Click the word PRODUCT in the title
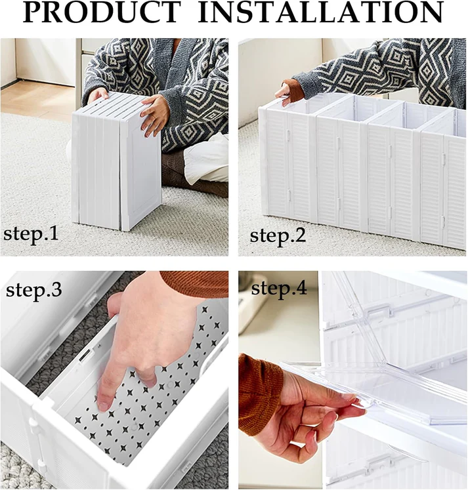click(x=102, y=12)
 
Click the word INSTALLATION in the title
click(x=321, y=12)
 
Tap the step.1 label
click(x=31, y=234)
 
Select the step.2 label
click(x=278, y=235)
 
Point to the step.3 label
click(x=33, y=289)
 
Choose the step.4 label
click(x=279, y=288)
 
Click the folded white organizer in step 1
click(x=116, y=160)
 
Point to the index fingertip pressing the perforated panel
click(x=103, y=406)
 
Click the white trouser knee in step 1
click(x=206, y=163)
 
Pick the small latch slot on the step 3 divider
click(x=86, y=356)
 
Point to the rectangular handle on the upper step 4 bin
click(x=379, y=311)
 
